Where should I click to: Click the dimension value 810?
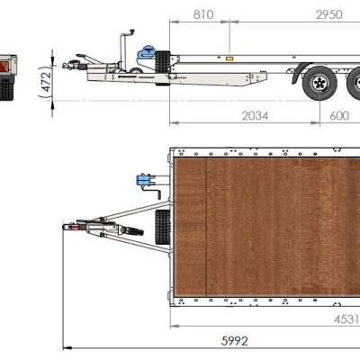coord(203,13)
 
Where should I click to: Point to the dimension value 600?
coord(339,115)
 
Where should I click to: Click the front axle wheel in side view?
coord(318,84)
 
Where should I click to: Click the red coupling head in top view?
coord(66,228)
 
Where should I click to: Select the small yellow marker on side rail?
coord(229,59)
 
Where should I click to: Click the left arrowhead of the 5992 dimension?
coord(66,346)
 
